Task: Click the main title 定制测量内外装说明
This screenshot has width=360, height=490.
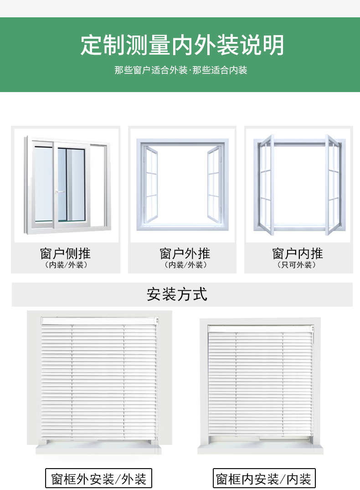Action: click(182, 45)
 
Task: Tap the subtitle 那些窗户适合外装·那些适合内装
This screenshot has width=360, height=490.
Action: click(180, 71)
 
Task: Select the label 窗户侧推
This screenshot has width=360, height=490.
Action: click(65, 253)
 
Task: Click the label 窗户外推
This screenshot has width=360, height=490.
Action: click(185, 253)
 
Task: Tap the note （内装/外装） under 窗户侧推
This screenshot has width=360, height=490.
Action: click(66, 265)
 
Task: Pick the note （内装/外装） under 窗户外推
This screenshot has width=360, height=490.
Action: click(185, 265)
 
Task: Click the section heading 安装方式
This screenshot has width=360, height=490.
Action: click(177, 294)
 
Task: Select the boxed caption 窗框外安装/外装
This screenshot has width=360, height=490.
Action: click(98, 479)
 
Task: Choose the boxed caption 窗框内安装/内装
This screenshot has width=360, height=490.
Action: click(264, 479)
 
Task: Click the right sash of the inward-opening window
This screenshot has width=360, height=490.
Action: click(333, 185)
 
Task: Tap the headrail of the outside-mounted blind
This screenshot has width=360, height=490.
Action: click(99, 321)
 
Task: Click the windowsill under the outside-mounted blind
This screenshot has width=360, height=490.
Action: click(99, 449)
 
